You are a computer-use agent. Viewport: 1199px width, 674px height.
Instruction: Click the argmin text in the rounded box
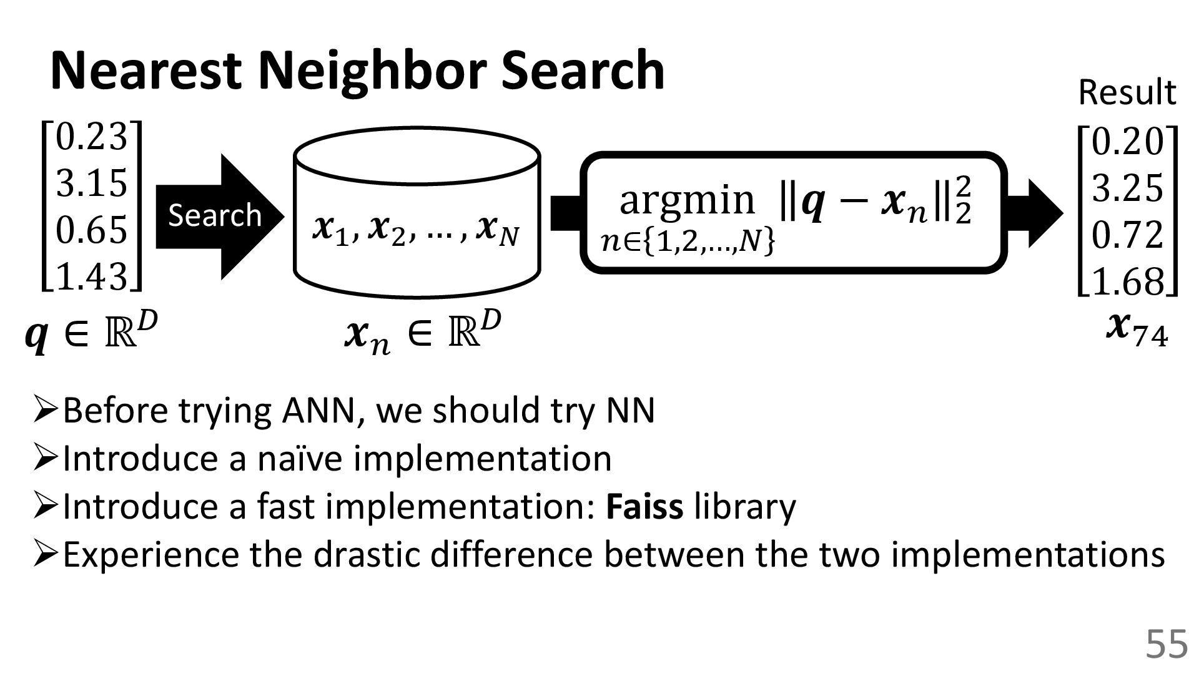(x=687, y=199)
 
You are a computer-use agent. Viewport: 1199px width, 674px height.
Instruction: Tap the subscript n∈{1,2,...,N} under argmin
(x=688, y=242)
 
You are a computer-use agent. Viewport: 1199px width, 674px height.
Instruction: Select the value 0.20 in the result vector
(x=1128, y=142)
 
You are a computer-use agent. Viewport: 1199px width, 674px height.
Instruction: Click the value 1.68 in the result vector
(x=1128, y=281)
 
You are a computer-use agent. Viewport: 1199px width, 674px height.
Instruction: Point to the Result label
(x=1127, y=92)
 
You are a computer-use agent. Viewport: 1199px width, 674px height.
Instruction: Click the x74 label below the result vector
(x=1136, y=330)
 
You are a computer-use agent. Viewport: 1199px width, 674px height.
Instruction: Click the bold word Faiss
(x=644, y=506)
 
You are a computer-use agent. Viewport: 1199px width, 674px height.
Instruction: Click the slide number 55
(x=1166, y=644)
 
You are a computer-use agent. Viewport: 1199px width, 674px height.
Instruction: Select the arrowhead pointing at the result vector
(x=1040, y=212)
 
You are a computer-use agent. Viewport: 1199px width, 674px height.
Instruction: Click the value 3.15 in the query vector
(x=92, y=183)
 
